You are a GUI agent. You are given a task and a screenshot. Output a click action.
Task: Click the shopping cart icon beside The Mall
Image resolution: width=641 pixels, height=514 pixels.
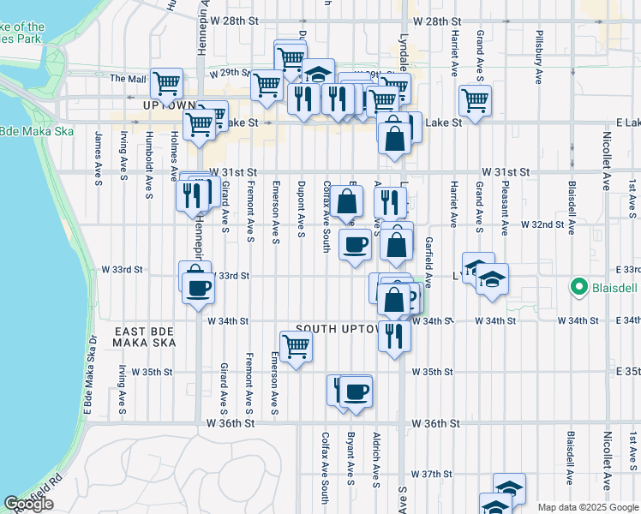click(166, 83)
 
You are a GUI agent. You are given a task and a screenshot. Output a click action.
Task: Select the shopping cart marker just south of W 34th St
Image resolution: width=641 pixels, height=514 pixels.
click(296, 346)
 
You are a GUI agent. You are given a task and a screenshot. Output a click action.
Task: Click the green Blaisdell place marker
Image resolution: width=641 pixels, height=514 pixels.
click(578, 288)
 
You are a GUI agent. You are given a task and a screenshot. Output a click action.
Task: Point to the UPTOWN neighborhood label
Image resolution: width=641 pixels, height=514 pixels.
click(171, 105)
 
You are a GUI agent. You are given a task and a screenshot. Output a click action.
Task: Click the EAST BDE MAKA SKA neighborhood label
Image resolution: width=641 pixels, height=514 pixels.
click(144, 336)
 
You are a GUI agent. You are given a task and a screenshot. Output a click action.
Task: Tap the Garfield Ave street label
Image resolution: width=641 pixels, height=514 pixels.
click(428, 261)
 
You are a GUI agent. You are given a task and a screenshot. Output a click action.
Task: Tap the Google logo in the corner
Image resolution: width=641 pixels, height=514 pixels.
click(28, 504)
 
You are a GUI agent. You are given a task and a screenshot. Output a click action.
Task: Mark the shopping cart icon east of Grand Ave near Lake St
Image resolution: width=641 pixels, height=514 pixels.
click(474, 100)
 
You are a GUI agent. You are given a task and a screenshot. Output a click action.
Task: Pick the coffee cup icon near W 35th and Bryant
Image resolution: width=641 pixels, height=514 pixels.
click(356, 391)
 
